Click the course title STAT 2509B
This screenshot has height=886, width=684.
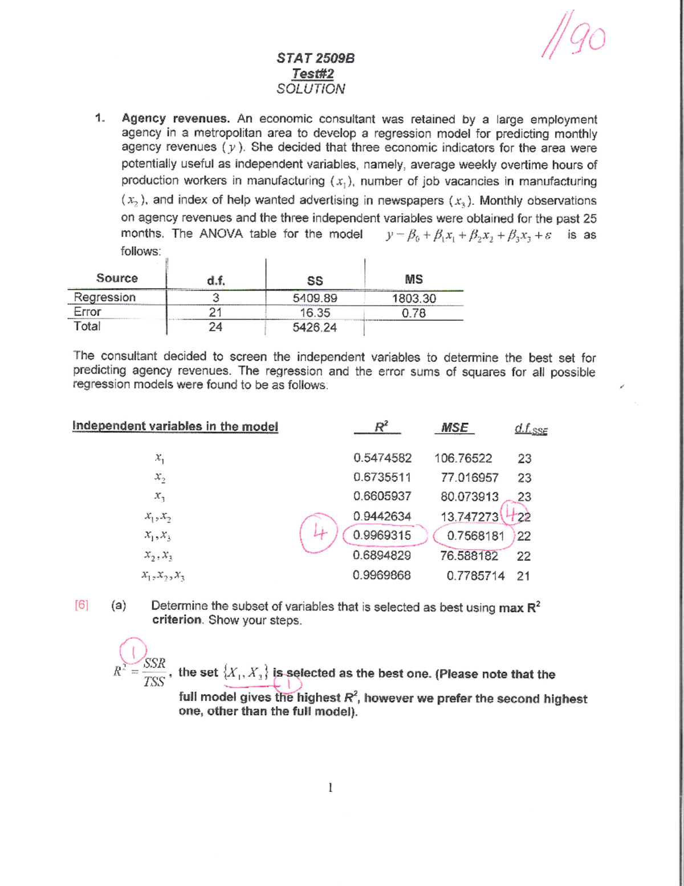[315, 58]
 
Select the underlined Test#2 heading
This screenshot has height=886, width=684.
[312, 74]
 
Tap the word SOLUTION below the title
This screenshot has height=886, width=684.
[311, 89]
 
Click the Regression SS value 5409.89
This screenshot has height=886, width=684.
[315, 298]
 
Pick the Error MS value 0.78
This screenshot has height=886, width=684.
[413, 313]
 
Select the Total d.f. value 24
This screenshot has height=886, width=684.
[215, 327]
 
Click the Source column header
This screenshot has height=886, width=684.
[117, 278]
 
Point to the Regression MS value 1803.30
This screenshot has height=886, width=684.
[413, 298]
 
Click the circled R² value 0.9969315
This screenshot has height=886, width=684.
[382, 536]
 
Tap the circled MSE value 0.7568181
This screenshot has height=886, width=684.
[475, 536]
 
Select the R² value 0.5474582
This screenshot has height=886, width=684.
[382, 458]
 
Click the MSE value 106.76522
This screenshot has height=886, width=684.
[463, 458]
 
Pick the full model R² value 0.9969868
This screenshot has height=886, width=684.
[381, 575]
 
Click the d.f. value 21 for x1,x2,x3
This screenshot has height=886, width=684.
[523, 576]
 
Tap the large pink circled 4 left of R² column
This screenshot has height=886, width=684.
[319, 533]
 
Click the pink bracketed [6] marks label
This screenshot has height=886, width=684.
[82, 605]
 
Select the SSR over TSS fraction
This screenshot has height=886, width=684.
[154, 673]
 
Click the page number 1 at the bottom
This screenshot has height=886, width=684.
[330, 788]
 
